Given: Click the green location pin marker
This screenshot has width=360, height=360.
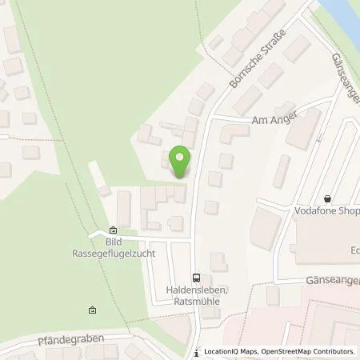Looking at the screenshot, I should (182, 161).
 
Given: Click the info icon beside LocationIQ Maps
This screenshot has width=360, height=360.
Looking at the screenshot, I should (197, 351).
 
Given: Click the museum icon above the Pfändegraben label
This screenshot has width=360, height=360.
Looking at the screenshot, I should (92, 311).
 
